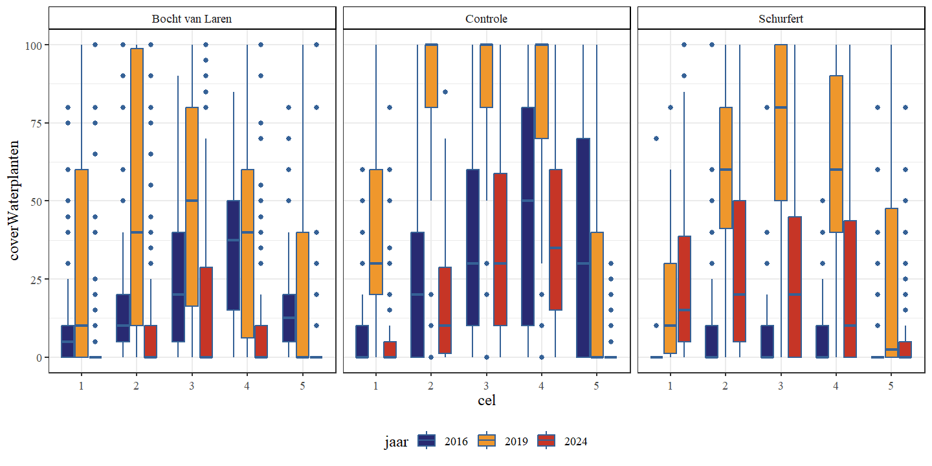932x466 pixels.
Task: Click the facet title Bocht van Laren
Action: (x=192, y=18)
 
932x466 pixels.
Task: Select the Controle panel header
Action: (x=487, y=18)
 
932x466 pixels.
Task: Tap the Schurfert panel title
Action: (x=781, y=18)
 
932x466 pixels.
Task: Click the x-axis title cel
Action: (x=487, y=400)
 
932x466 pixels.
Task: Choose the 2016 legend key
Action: (x=427, y=441)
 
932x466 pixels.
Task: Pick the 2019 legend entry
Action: (x=486, y=441)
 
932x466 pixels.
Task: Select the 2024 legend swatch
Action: (x=546, y=441)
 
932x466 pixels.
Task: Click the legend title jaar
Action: (x=395, y=441)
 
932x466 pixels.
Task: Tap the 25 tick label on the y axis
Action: (x=36, y=280)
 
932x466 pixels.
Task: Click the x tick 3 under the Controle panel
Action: (x=486, y=385)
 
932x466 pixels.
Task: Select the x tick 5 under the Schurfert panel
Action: (x=891, y=385)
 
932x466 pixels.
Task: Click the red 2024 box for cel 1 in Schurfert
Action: (x=684, y=289)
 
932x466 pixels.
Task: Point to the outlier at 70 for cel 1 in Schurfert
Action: (x=656, y=139)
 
